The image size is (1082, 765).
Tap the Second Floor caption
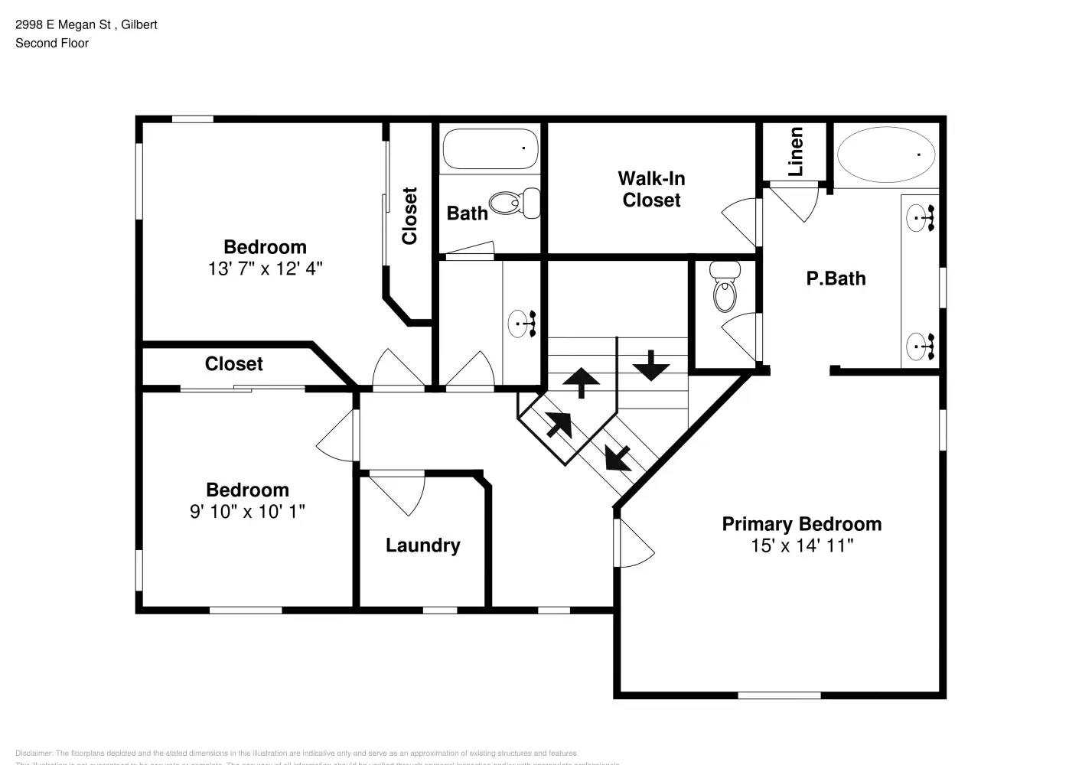[52, 43]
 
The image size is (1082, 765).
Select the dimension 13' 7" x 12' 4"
[265, 269]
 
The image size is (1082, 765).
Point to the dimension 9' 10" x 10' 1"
[247, 512]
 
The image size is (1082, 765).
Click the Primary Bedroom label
[801, 524]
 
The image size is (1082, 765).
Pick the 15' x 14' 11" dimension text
[801, 545]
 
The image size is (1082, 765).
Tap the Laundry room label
[422, 545]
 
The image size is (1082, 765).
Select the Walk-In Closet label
[651, 189]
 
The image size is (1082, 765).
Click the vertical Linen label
[796, 151]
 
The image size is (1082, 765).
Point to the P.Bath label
[836, 278]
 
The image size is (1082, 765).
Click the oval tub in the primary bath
[886, 155]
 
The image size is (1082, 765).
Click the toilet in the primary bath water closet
[725, 288]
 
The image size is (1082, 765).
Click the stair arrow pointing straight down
[651, 365]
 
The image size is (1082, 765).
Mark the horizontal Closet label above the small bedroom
[233, 364]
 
